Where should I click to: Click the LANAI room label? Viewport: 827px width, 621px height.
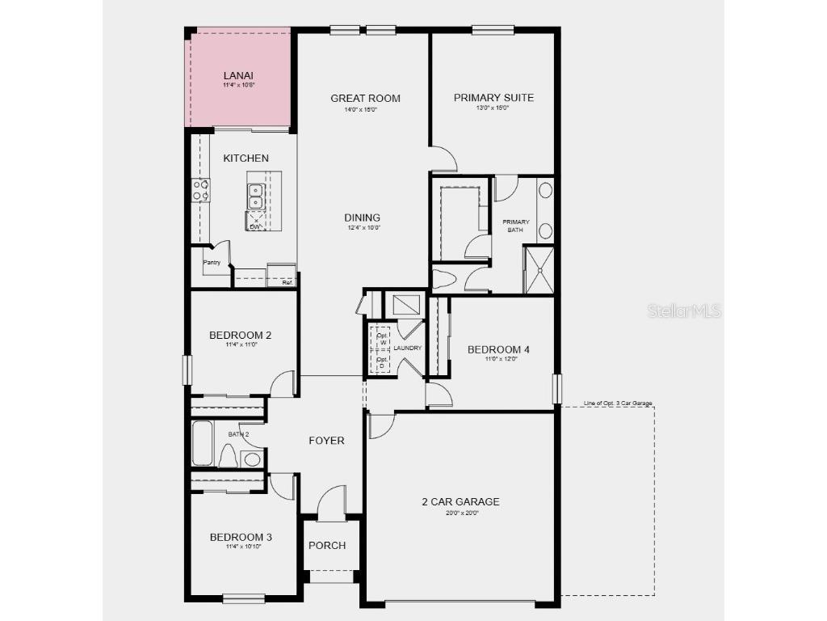[x=239, y=76]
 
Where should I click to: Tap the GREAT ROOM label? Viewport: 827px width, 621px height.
[x=365, y=99]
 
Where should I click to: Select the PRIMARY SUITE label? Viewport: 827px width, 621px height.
[x=493, y=98]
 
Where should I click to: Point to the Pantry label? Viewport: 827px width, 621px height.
[x=212, y=262]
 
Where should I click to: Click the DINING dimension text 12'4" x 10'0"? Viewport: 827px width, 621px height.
[x=362, y=228]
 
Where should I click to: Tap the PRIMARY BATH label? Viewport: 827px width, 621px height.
[x=516, y=226]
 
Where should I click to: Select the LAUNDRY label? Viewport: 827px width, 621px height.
[x=409, y=349]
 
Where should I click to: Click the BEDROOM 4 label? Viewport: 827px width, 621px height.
[x=498, y=349]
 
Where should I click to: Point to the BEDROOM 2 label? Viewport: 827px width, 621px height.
[x=240, y=336]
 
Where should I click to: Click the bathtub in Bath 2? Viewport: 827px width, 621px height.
[x=202, y=444]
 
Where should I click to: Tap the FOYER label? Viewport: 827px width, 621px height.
[x=326, y=441]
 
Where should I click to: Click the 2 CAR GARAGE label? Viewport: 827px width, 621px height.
[x=460, y=501]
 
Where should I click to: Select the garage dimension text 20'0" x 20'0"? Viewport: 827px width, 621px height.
[x=460, y=513]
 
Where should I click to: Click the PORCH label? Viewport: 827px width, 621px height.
[x=327, y=545]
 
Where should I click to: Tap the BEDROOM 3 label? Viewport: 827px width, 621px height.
[x=241, y=537]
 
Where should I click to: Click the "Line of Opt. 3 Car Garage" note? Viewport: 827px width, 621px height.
[x=618, y=403]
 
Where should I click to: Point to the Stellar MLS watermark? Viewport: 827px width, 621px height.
[x=684, y=310]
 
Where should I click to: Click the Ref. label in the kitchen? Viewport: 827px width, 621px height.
[x=287, y=283]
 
